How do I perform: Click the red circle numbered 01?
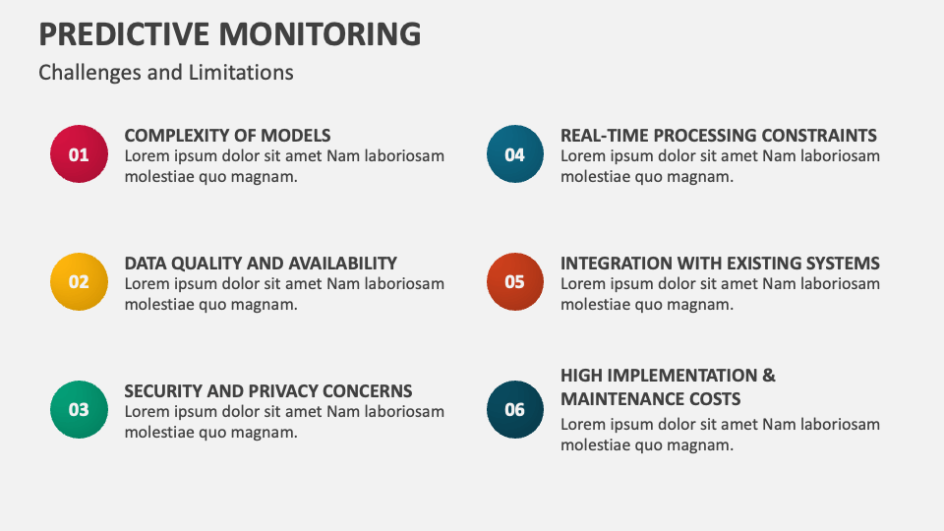coord(79,154)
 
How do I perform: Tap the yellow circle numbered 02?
coord(79,282)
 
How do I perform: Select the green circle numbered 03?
coord(79,409)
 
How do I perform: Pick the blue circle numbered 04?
coord(514,154)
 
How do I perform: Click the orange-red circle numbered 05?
coord(514,282)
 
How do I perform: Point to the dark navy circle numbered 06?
coord(514,409)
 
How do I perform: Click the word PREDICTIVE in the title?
coord(124,33)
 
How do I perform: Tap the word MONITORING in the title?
coord(320,33)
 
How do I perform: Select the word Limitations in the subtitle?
coord(241,72)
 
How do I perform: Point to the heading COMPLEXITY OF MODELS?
coord(227,136)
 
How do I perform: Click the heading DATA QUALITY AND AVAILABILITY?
coord(261,264)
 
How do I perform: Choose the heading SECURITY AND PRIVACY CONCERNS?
coord(268,390)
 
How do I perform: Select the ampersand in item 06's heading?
coord(769,375)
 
